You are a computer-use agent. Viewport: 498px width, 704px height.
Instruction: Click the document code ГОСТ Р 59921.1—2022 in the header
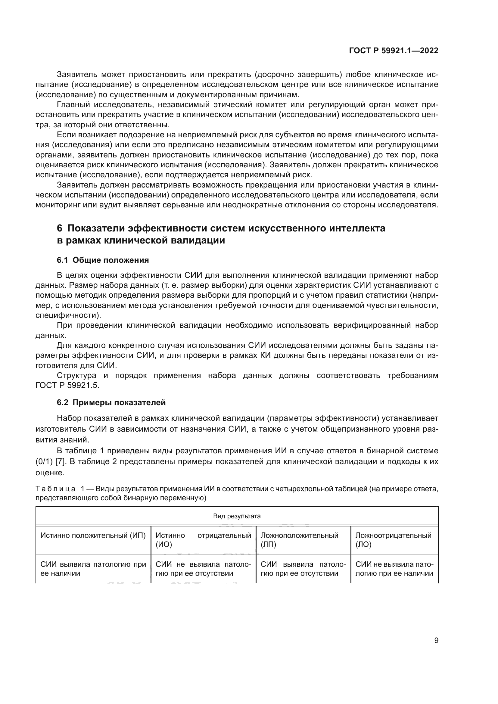[x=394, y=51]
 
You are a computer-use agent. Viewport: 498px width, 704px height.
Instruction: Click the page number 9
[x=436, y=640]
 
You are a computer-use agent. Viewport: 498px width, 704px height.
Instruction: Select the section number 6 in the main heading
[x=60, y=228]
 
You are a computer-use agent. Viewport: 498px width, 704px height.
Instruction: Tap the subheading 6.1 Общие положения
[x=103, y=260]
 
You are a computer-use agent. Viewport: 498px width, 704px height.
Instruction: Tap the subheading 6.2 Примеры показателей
[x=111, y=403]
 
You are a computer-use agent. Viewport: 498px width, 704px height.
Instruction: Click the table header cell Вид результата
[x=237, y=516]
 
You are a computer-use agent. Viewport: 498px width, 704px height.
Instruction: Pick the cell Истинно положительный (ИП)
[x=93, y=535]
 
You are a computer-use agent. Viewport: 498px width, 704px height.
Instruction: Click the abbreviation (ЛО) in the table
[x=363, y=544]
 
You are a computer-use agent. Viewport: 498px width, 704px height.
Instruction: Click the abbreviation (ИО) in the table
[x=164, y=544]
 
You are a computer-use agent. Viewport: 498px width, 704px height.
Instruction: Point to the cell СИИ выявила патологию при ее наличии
[x=93, y=569]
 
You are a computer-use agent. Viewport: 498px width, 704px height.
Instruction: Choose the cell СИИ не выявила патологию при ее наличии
[x=394, y=569]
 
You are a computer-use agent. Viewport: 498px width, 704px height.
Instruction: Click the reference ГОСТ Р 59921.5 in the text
[x=67, y=386]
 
